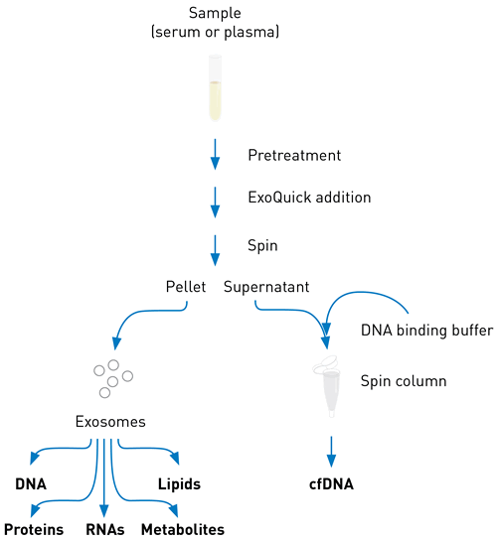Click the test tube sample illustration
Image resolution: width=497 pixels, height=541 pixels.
point(215,88)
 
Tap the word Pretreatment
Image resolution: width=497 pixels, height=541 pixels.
point(294,155)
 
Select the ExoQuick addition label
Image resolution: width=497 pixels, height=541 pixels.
point(309,198)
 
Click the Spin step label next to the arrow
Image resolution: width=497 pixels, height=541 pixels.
point(262,245)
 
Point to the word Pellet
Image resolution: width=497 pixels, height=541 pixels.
point(186,287)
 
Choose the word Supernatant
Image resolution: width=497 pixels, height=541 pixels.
point(266,287)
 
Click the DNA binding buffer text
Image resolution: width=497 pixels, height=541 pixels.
point(426,331)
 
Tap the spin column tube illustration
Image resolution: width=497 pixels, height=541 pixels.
point(328,386)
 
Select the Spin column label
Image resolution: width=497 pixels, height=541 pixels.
point(404,381)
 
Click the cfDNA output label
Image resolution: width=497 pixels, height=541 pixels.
point(331,483)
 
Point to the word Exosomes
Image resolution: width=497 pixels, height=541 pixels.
point(110,422)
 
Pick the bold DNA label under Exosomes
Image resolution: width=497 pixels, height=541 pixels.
point(31,484)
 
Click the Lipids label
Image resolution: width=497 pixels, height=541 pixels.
point(179,484)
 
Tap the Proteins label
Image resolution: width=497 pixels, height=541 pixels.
point(34,529)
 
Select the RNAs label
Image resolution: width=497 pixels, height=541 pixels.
point(105,529)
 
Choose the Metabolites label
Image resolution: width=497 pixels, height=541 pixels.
point(183,529)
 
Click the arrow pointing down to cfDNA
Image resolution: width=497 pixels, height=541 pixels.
point(331,452)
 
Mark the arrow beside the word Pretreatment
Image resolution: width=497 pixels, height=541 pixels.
point(215,154)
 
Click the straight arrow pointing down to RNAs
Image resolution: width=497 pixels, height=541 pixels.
point(104,477)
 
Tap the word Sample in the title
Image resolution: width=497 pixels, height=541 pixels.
point(215,13)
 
